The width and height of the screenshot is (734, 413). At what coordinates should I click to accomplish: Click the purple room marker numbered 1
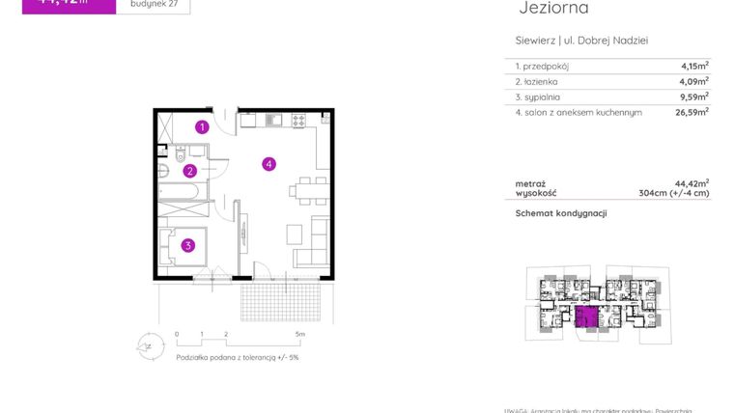pos(202,126)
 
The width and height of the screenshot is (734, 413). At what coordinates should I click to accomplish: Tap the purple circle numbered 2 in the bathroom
pos(190,172)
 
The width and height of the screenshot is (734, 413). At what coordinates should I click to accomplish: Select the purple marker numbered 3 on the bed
pos(188,245)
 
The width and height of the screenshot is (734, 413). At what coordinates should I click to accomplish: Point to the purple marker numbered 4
pos(269,164)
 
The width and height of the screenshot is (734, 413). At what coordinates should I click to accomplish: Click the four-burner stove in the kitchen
pos(298,121)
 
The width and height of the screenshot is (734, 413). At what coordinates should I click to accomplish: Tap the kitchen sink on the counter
pos(272,121)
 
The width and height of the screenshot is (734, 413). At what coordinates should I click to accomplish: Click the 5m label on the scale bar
pos(300,334)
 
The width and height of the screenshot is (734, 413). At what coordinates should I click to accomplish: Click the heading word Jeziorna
pos(553,9)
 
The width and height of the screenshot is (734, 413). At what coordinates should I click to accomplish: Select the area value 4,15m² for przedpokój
pos(693,67)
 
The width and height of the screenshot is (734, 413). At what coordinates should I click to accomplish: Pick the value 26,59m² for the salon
pos(692,112)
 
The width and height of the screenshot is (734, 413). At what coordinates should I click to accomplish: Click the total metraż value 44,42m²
pos(692,182)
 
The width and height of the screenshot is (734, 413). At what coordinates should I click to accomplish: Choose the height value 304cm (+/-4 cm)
pos(674,193)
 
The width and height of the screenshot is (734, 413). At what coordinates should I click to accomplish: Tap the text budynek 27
pos(153,4)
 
